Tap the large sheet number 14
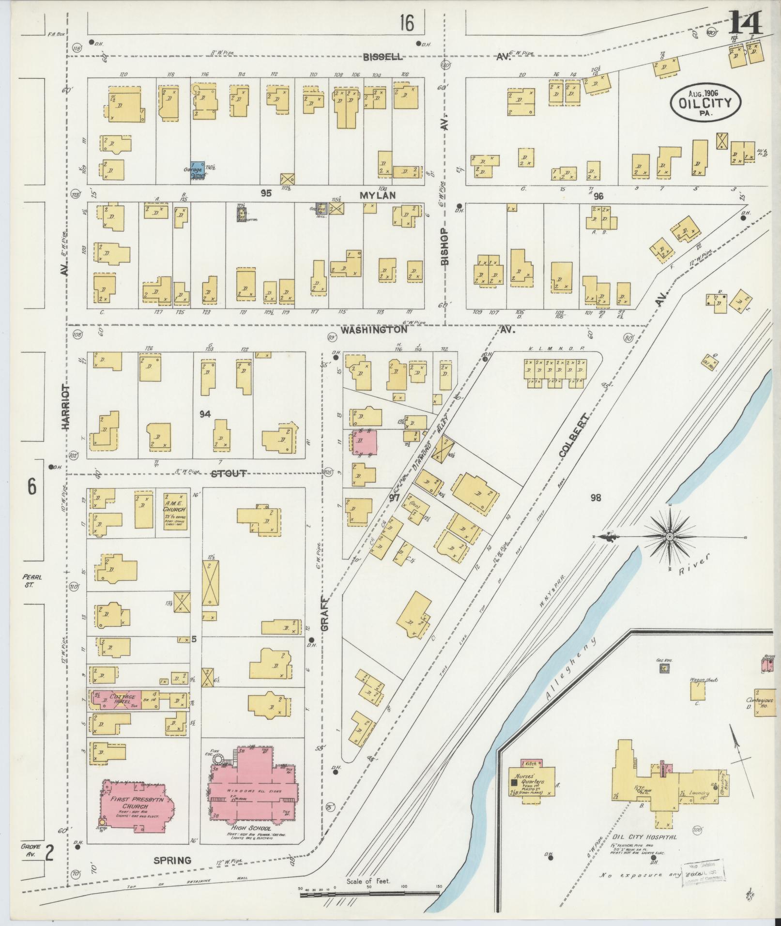[x=745, y=23]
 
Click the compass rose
[x=669, y=537]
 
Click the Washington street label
[x=373, y=330]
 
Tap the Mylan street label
[x=378, y=196]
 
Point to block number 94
[x=205, y=414]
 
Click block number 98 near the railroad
[x=595, y=497]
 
